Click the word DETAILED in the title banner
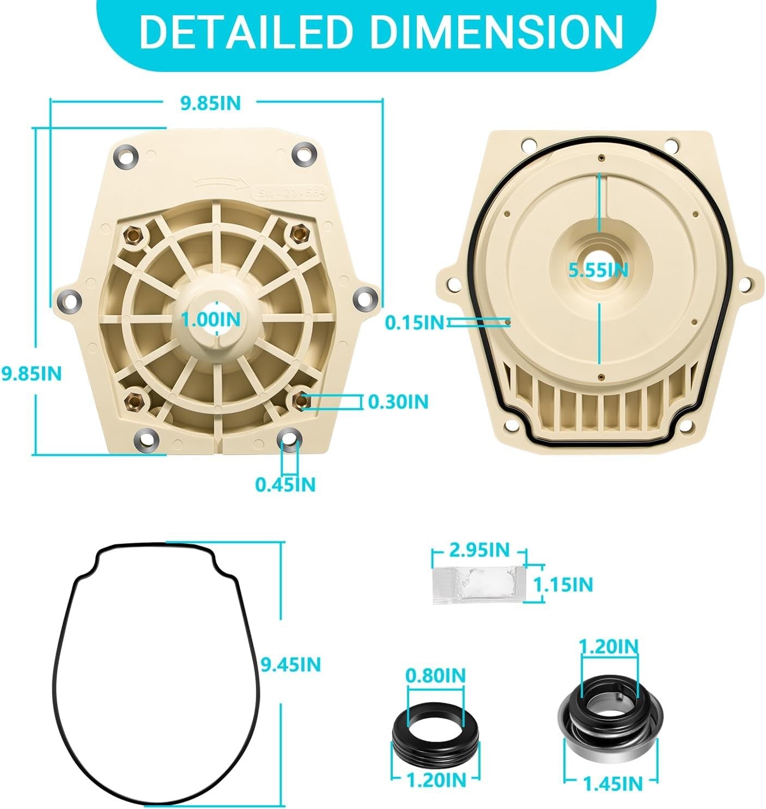[x=247, y=33]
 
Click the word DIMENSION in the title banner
[x=497, y=33]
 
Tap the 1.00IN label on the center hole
[x=211, y=319]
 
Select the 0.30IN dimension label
[x=398, y=402]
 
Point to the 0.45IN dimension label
[x=285, y=484]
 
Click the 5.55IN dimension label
[x=599, y=270]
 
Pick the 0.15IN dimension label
[x=415, y=323]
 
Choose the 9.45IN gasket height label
[x=290, y=665]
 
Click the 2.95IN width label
[x=479, y=550]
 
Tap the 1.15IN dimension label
[x=563, y=585]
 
